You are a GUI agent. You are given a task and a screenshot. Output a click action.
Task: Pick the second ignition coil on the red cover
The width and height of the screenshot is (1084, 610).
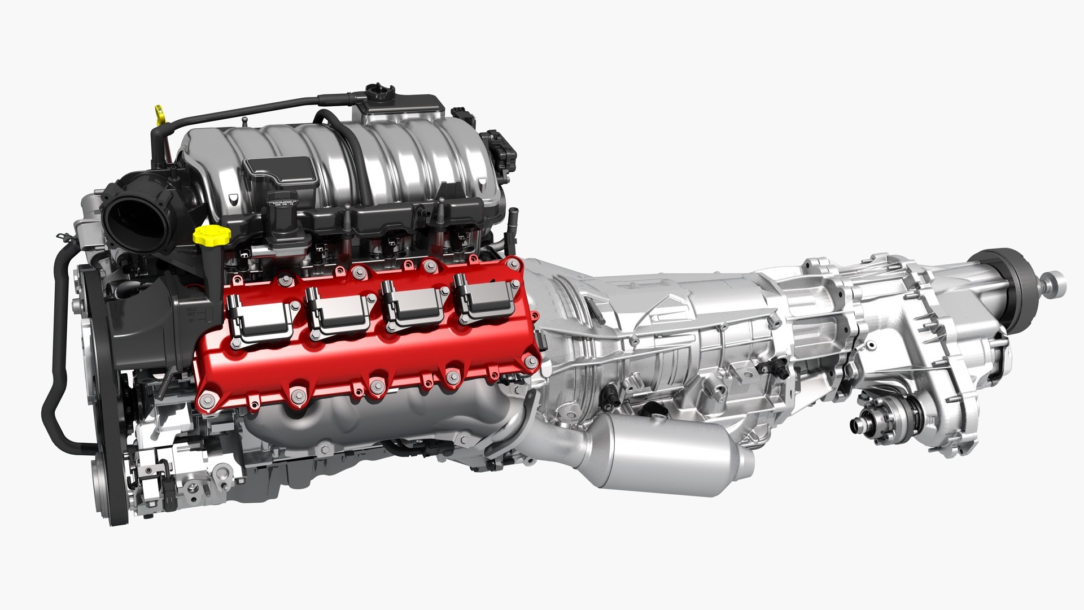tap(336, 313)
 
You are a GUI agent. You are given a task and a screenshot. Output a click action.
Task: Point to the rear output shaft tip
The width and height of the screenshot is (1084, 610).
tap(1055, 279)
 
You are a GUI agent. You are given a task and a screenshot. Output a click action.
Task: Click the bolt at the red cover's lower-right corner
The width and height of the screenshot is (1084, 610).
tap(530, 361)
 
